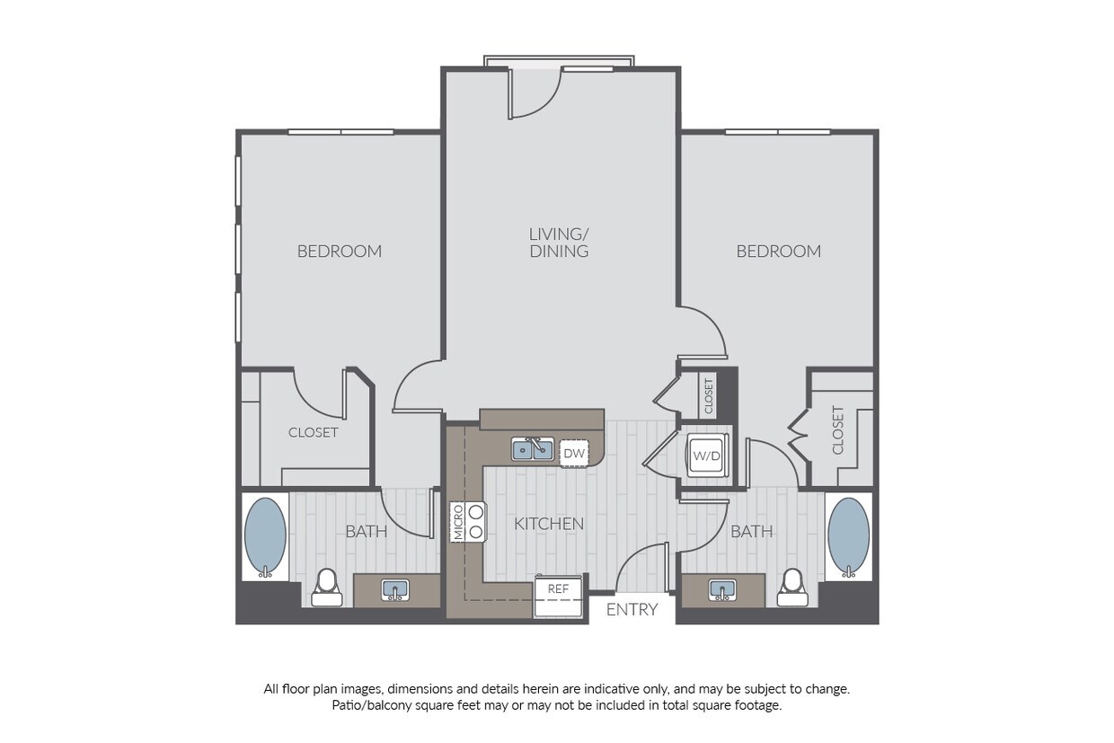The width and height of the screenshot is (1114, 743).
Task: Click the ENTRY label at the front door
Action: pos(632,609)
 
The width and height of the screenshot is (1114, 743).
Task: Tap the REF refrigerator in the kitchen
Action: pos(558,597)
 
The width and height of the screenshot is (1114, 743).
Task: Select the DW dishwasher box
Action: pos(574,453)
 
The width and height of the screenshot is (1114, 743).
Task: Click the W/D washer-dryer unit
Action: pos(707,456)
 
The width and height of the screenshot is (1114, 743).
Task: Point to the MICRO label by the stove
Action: pos(458,522)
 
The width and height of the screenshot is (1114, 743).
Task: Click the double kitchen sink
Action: pos(533,449)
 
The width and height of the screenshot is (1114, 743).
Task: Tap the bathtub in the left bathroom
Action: pos(265,537)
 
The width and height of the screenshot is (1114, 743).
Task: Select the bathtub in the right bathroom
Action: pos(849,537)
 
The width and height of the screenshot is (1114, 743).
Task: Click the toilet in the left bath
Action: pos(327,588)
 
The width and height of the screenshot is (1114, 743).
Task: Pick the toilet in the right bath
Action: pos(792,588)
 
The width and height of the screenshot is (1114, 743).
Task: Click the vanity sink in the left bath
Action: pos(395,590)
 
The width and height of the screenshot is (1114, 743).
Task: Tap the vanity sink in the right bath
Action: pos(722,590)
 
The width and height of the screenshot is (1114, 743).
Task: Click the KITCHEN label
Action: pos(549,524)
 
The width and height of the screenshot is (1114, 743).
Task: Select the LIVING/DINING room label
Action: pos(559,243)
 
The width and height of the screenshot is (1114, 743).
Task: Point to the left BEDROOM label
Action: pos(340,252)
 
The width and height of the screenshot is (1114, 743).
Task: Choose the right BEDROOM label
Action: pos(778,252)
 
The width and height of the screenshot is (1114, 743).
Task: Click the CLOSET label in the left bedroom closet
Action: pos(314,432)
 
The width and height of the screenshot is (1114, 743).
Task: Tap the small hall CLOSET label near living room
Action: pos(709,396)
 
